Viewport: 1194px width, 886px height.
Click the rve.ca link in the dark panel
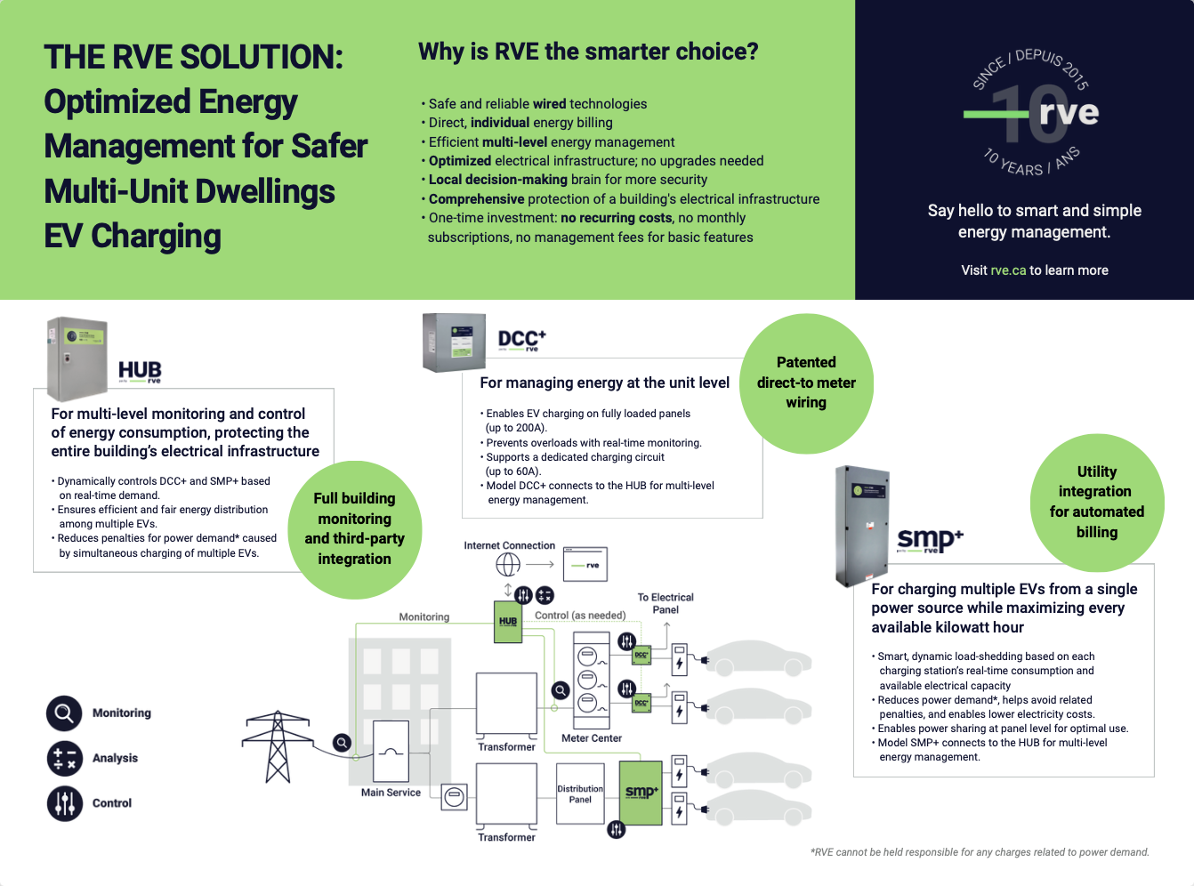1008,270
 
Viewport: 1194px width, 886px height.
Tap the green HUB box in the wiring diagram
508,622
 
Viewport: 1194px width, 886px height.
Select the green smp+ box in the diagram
641,793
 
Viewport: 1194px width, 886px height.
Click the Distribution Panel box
580,793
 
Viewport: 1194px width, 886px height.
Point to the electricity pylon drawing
278,746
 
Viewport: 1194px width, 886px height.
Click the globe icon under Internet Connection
508,565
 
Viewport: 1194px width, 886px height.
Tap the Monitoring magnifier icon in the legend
64,713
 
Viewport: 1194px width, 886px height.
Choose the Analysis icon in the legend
65,759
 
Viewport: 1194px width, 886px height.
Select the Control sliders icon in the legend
65,803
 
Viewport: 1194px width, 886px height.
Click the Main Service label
391,793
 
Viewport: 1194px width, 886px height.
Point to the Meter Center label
592,738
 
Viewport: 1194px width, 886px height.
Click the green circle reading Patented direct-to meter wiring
806,383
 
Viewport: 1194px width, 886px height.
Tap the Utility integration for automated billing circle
1097,503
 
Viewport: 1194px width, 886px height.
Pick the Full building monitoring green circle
355,529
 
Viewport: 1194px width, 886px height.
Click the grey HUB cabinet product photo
77,358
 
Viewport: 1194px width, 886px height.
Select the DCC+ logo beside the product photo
521,340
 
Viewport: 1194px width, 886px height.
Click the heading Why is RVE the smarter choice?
588,52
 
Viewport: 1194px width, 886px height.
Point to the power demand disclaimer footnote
980,852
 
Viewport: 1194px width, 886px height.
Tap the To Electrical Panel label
666,603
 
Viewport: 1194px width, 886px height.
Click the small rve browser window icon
585,564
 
